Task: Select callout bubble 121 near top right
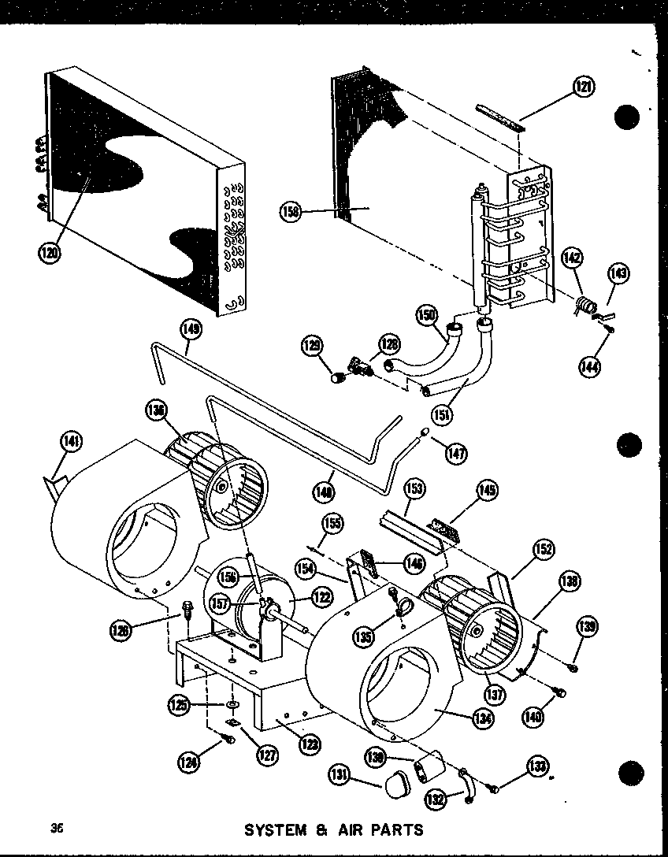(x=583, y=87)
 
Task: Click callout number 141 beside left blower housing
(x=72, y=443)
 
